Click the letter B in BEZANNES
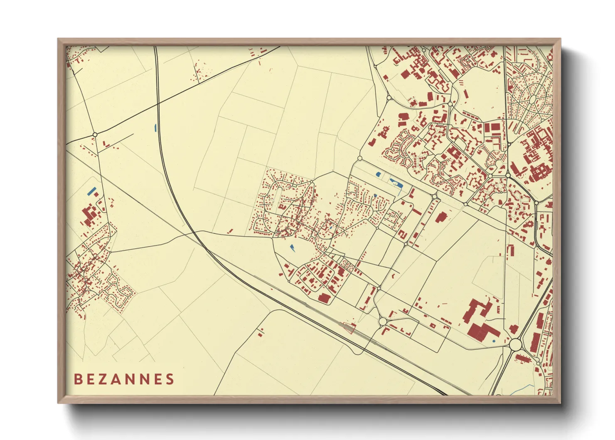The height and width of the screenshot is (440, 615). tap(77, 379)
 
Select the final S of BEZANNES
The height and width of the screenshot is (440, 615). tap(170, 379)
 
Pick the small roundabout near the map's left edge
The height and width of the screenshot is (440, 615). tap(95, 135)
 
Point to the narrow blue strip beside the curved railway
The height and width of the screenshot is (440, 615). tap(156, 128)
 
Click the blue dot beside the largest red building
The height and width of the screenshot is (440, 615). tap(494, 341)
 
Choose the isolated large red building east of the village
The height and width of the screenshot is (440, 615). tap(441, 217)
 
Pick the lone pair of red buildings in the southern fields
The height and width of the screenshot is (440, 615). tap(261, 332)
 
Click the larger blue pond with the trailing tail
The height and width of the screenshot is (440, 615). tap(395, 183)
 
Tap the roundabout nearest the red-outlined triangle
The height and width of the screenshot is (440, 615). tap(382, 321)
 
